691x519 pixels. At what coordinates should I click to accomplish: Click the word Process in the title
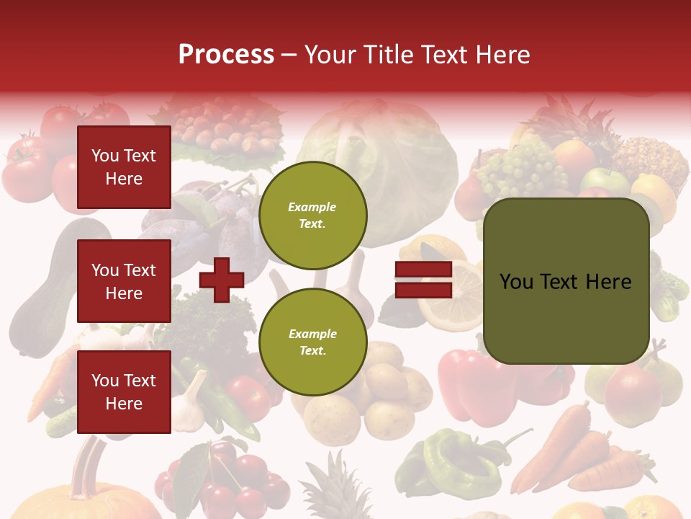[x=226, y=55]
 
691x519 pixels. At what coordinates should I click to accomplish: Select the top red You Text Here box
[x=124, y=167]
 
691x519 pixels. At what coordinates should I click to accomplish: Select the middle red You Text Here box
[x=124, y=281]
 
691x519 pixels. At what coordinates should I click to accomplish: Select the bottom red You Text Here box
[x=124, y=391]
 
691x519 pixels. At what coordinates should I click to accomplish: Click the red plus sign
[x=222, y=280]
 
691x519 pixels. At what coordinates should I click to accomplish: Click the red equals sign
[x=423, y=280]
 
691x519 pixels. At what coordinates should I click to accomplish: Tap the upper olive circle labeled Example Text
[x=312, y=216]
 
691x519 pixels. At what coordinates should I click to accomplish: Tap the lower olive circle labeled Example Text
[x=312, y=342]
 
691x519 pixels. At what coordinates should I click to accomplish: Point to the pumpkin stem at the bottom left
[x=91, y=461]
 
